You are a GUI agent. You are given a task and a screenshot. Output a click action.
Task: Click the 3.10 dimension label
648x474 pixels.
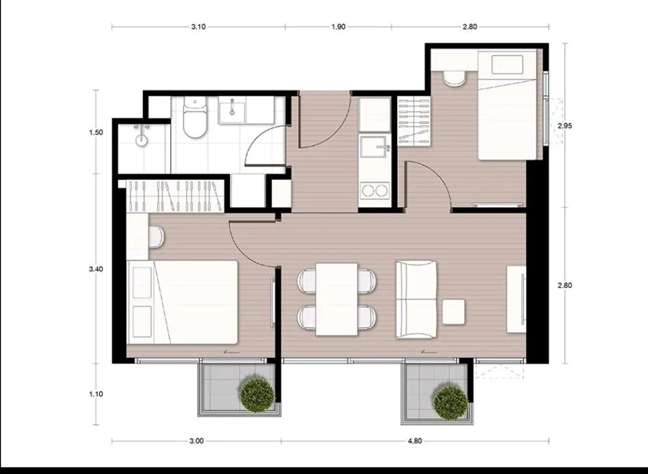coord(198,27)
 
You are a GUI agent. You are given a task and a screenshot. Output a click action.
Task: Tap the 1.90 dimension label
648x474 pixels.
coord(338,27)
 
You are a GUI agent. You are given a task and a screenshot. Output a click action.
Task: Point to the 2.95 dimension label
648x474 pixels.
coord(565,126)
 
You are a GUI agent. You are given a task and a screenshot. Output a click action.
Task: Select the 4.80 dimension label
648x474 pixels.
coord(415,441)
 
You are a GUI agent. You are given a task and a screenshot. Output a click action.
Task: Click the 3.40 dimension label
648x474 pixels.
coord(96,269)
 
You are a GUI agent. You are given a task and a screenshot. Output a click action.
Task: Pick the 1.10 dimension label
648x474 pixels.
coord(96,394)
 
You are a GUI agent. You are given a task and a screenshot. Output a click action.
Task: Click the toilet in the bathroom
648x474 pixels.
coord(195,117)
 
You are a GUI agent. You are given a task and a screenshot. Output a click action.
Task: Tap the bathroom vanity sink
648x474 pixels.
coord(232,110)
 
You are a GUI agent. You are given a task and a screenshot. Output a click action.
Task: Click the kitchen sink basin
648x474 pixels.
coord(375,146)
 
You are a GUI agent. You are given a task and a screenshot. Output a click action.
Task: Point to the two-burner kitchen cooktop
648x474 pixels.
coord(375,191)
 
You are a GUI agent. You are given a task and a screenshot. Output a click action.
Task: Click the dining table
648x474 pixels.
coord(337,299)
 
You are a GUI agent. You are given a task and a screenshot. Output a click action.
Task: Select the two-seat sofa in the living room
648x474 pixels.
coord(416,299)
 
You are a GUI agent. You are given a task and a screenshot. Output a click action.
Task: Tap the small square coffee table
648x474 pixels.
coord(453,312)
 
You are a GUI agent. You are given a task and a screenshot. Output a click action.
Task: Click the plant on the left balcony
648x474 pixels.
coord(257,395)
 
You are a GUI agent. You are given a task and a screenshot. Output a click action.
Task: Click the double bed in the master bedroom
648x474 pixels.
coord(183,302)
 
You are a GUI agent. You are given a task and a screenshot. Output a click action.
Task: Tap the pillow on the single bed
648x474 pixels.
coord(508,65)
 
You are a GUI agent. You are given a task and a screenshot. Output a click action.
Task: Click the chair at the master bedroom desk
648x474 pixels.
coord(157,237)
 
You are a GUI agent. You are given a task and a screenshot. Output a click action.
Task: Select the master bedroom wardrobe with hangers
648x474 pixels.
coord(175,197)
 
